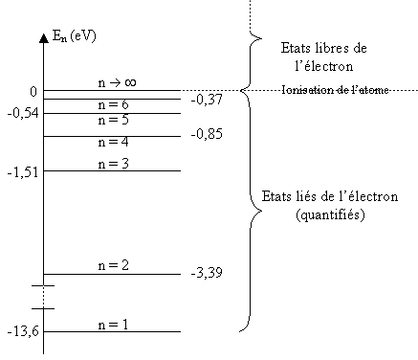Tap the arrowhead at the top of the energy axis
pos(44,39)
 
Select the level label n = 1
pos(113,325)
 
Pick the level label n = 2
pos(113,265)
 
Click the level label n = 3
pos(113,164)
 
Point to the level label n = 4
pos(113,142)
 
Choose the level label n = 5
pos(113,121)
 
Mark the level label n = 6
pos(113,104)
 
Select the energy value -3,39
pos(208,274)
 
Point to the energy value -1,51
pos(20,172)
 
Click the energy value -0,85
pos(207,135)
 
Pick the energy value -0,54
pos(20,113)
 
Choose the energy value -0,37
pos(207,100)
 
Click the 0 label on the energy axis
pos(33,92)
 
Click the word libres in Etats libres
pos(332,48)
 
